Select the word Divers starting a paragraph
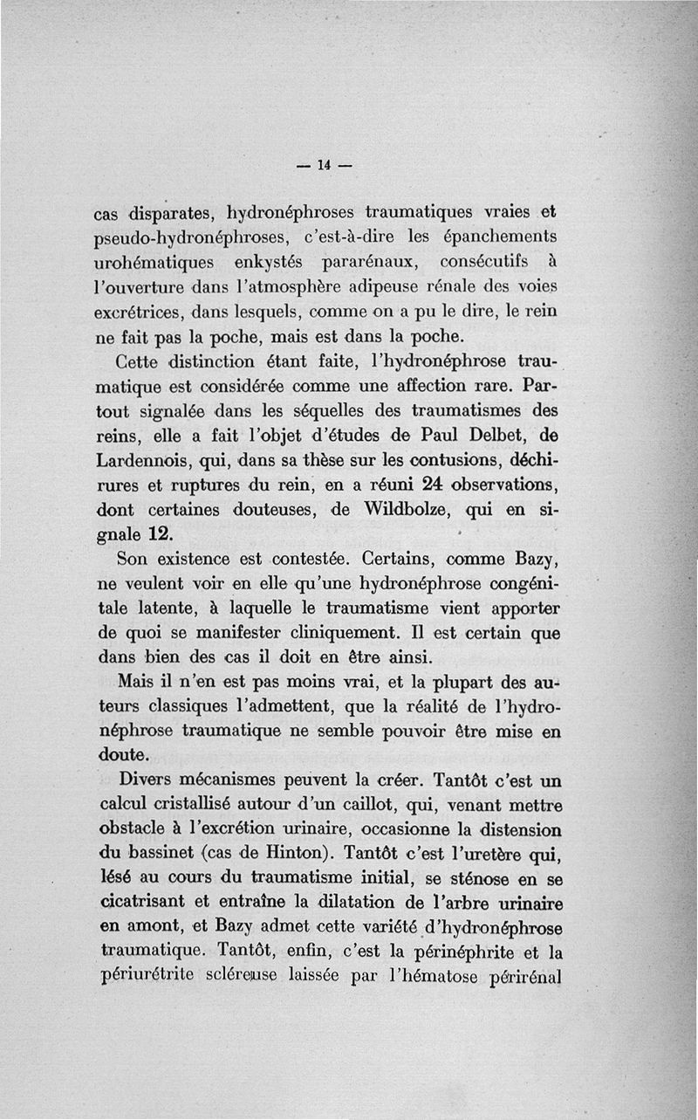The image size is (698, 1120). pyautogui.click(x=145, y=779)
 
